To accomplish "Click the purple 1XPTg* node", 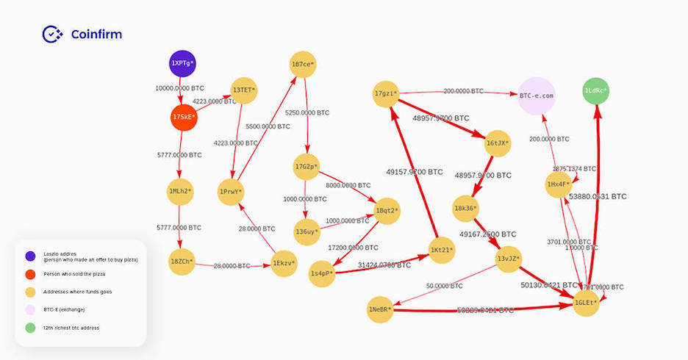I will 183,64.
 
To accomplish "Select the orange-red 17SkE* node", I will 184,117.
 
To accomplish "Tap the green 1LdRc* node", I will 595,91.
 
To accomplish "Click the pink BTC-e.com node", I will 536,96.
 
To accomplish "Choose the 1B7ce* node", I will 303,65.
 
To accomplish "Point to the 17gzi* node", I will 386,93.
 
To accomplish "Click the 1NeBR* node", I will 381,310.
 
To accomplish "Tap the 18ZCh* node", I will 182,262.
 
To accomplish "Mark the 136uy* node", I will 305,231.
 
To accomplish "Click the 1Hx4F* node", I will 559,184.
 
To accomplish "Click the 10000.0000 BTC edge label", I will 179,88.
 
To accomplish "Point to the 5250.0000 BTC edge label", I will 307,113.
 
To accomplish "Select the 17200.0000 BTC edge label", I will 354,248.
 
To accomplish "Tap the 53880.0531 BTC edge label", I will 598,197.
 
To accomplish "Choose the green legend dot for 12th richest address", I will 30,327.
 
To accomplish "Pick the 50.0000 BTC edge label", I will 445,285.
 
